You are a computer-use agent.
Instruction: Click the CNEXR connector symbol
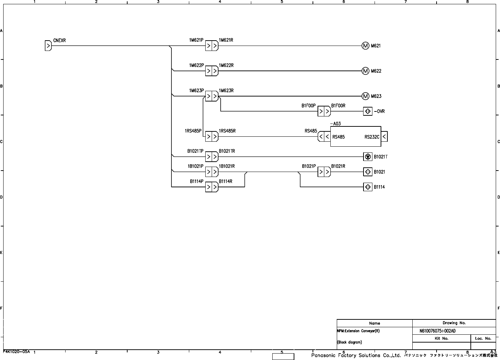coord(48,46)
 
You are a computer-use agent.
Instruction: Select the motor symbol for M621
coord(365,46)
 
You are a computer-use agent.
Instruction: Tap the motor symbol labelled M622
coord(365,71)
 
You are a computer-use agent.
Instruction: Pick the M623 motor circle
coord(365,96)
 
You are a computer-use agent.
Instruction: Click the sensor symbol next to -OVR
coord(368,111)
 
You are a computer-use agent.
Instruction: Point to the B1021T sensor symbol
coord(368,157)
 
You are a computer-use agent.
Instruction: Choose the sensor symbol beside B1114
coord(368,187)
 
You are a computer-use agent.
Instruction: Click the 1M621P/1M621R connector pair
coord(212,46)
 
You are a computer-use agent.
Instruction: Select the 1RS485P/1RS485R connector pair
coord(212,136)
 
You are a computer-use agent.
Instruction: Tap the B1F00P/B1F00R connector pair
coord(324,111)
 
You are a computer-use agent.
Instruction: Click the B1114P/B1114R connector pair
coord(212,187)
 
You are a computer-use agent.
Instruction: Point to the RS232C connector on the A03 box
coord(384,137)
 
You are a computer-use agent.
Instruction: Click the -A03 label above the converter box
coord(335,124)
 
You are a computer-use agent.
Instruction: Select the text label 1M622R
coord(226,66)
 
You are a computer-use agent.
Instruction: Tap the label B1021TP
coord(195,151)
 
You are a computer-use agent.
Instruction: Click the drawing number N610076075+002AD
coord(437,331)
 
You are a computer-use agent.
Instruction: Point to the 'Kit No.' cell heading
coord(441,338)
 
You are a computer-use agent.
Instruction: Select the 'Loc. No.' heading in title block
coord(483,338)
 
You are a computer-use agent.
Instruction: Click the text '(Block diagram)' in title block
coord(349,342)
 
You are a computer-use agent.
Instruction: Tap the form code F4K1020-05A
coord(16,351)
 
